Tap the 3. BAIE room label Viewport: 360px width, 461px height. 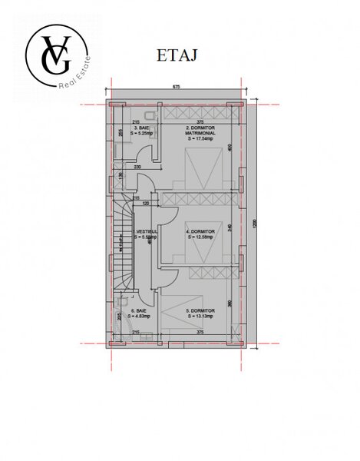(x=140, y=130)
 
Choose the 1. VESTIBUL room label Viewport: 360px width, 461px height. (x=146, y=234)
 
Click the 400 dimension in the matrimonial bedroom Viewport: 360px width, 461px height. (x=230, y=148)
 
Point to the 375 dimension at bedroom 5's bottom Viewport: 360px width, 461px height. (x=200, y=332)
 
